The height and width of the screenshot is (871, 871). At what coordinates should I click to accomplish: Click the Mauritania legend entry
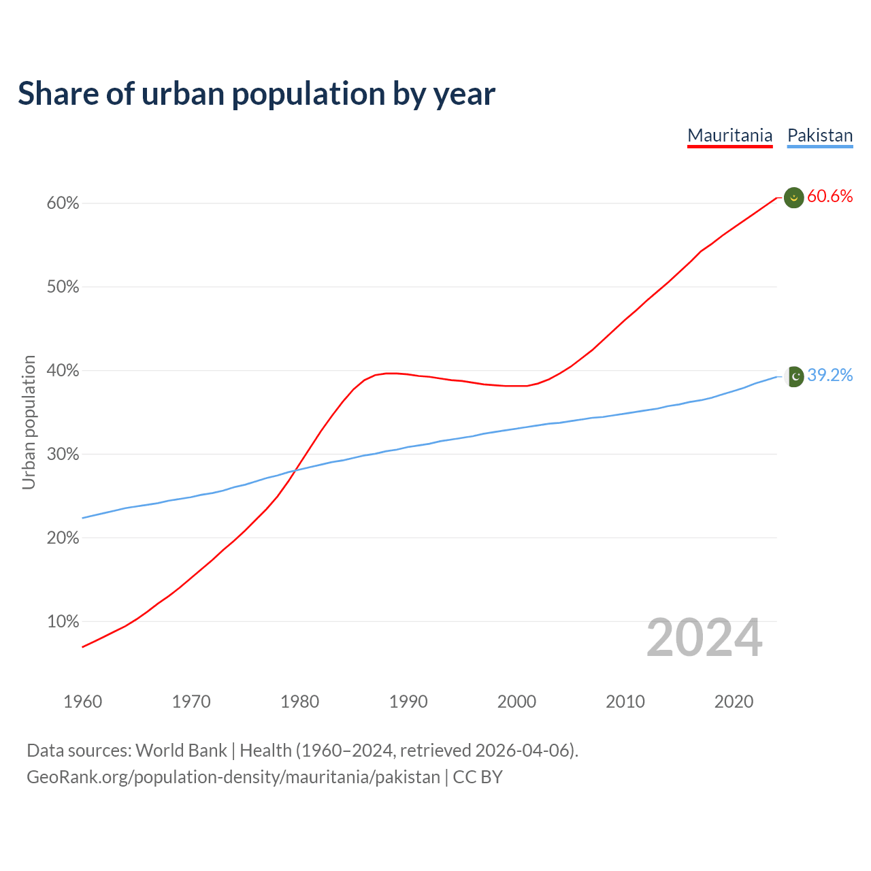tap(729, 135)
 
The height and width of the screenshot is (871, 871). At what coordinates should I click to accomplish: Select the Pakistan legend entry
tap(820, 135)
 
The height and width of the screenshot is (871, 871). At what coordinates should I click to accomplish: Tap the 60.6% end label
tap(830, 197)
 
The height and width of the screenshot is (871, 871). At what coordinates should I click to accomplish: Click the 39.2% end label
tap(830, 376)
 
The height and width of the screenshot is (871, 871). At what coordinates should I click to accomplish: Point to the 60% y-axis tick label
tap(63, 203)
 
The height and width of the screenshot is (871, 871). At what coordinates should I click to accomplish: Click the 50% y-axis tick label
tap(63, 287)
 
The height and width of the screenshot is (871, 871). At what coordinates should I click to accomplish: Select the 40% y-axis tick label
tap(63, 371)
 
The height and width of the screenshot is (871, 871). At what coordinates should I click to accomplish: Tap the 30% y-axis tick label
tap(63, 455)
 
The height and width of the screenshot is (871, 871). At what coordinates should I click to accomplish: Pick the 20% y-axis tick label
tap(63, 538)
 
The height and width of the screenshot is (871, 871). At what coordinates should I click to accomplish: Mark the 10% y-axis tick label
tap(63, 622)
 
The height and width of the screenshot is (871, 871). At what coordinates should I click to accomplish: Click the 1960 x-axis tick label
tap(82, 702)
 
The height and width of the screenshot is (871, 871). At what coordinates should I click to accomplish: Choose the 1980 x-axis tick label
tap(299, 702)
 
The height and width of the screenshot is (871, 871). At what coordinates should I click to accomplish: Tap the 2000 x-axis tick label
tap(516, 702)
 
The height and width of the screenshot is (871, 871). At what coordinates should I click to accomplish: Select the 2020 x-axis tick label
tap(734, 702)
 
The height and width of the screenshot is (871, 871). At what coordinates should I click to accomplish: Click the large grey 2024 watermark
tap(704, 638)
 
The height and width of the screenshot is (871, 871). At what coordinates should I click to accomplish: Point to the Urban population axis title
tap(29, 422)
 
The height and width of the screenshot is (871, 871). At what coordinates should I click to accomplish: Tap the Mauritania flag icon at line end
tap(794, 197)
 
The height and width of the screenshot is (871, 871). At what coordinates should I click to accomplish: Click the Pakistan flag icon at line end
tap(794, 376)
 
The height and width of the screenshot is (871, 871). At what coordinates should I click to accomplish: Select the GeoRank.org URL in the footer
tap(233, 777)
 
